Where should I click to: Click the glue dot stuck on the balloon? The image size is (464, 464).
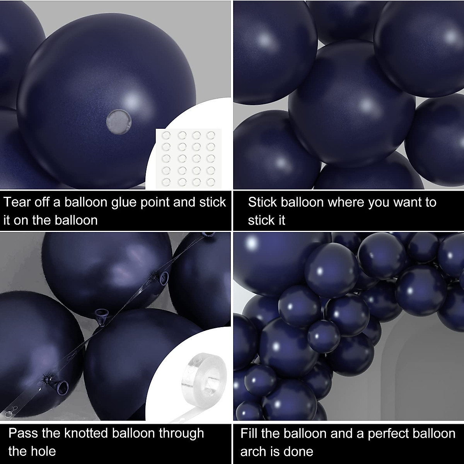pos(119,120)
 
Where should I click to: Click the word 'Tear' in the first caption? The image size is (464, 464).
pos(17,202)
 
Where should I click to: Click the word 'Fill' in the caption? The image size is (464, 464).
pos(249,433)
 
